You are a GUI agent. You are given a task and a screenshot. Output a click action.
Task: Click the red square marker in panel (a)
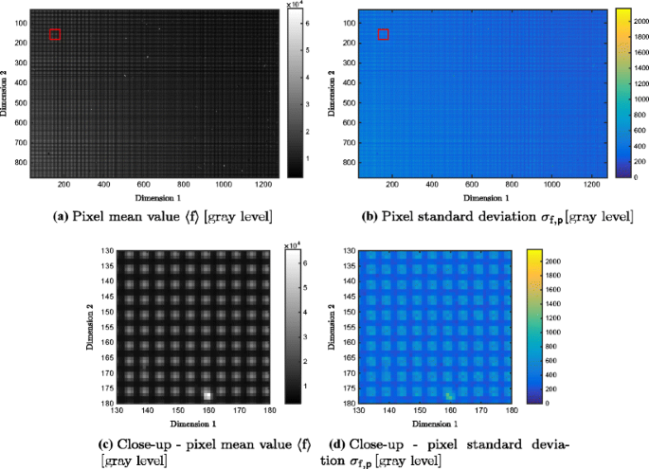click(x=55, y=35)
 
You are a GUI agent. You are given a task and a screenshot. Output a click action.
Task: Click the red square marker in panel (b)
click(x=383, y=35)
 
